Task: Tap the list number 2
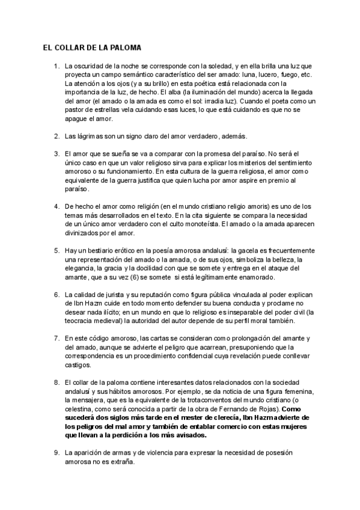(x=56, y=136)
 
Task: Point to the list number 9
(x=56, y=452)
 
